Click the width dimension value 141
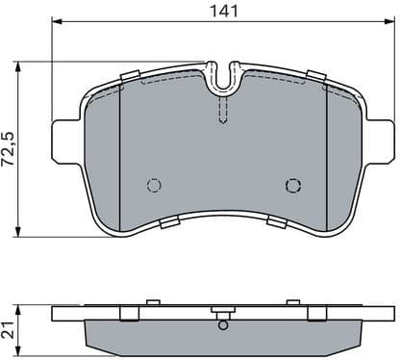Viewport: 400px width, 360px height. click(223, 11)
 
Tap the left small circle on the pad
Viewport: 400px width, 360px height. click(151, 186)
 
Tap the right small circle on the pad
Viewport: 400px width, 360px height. click(293, 186)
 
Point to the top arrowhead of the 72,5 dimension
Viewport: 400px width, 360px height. click(22, 65)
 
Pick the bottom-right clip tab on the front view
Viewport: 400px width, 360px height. click(277, 223)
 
